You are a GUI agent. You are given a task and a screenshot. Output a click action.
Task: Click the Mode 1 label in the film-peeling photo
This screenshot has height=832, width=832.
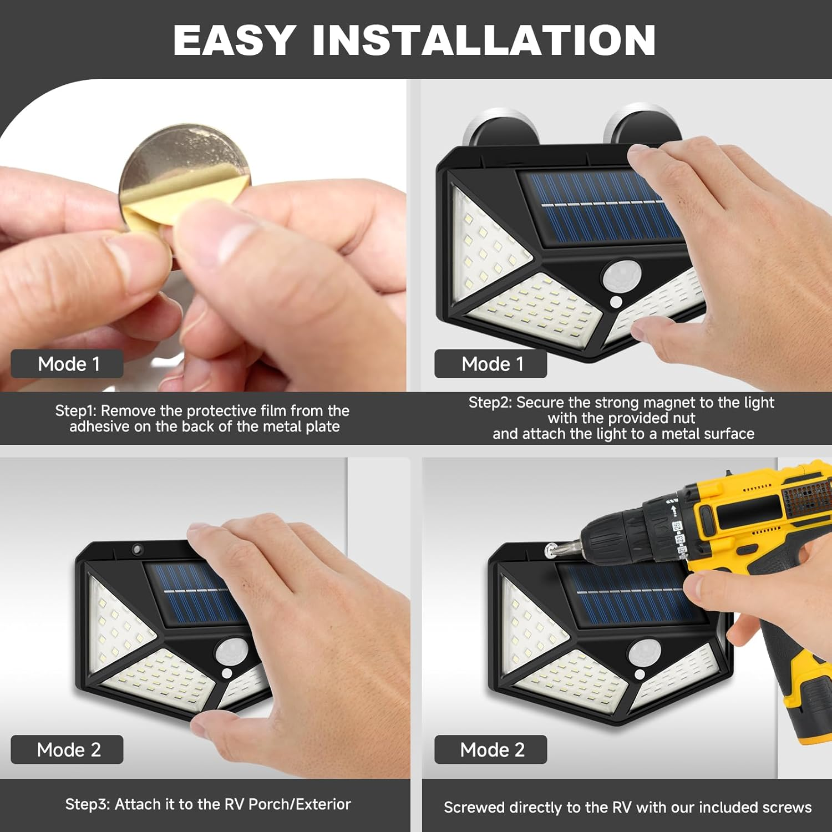pos(68,364)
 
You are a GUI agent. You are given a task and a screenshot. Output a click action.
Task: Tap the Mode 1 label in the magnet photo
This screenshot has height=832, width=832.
pos(491,364)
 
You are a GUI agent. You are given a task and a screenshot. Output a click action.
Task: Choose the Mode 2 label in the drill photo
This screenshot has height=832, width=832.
pos(491,750)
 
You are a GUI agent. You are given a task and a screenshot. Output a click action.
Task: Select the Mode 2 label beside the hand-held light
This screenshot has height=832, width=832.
pos(68,750)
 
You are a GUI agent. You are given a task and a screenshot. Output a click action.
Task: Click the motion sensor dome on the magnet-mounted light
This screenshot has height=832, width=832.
pos(621,276)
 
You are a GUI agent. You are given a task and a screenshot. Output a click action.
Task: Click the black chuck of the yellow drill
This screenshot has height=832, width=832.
pos(627,535)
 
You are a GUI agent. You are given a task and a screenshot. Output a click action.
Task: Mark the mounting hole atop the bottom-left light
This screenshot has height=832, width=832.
pos(136,550)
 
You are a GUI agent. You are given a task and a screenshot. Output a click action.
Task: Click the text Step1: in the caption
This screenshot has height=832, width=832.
pos(76,411)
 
